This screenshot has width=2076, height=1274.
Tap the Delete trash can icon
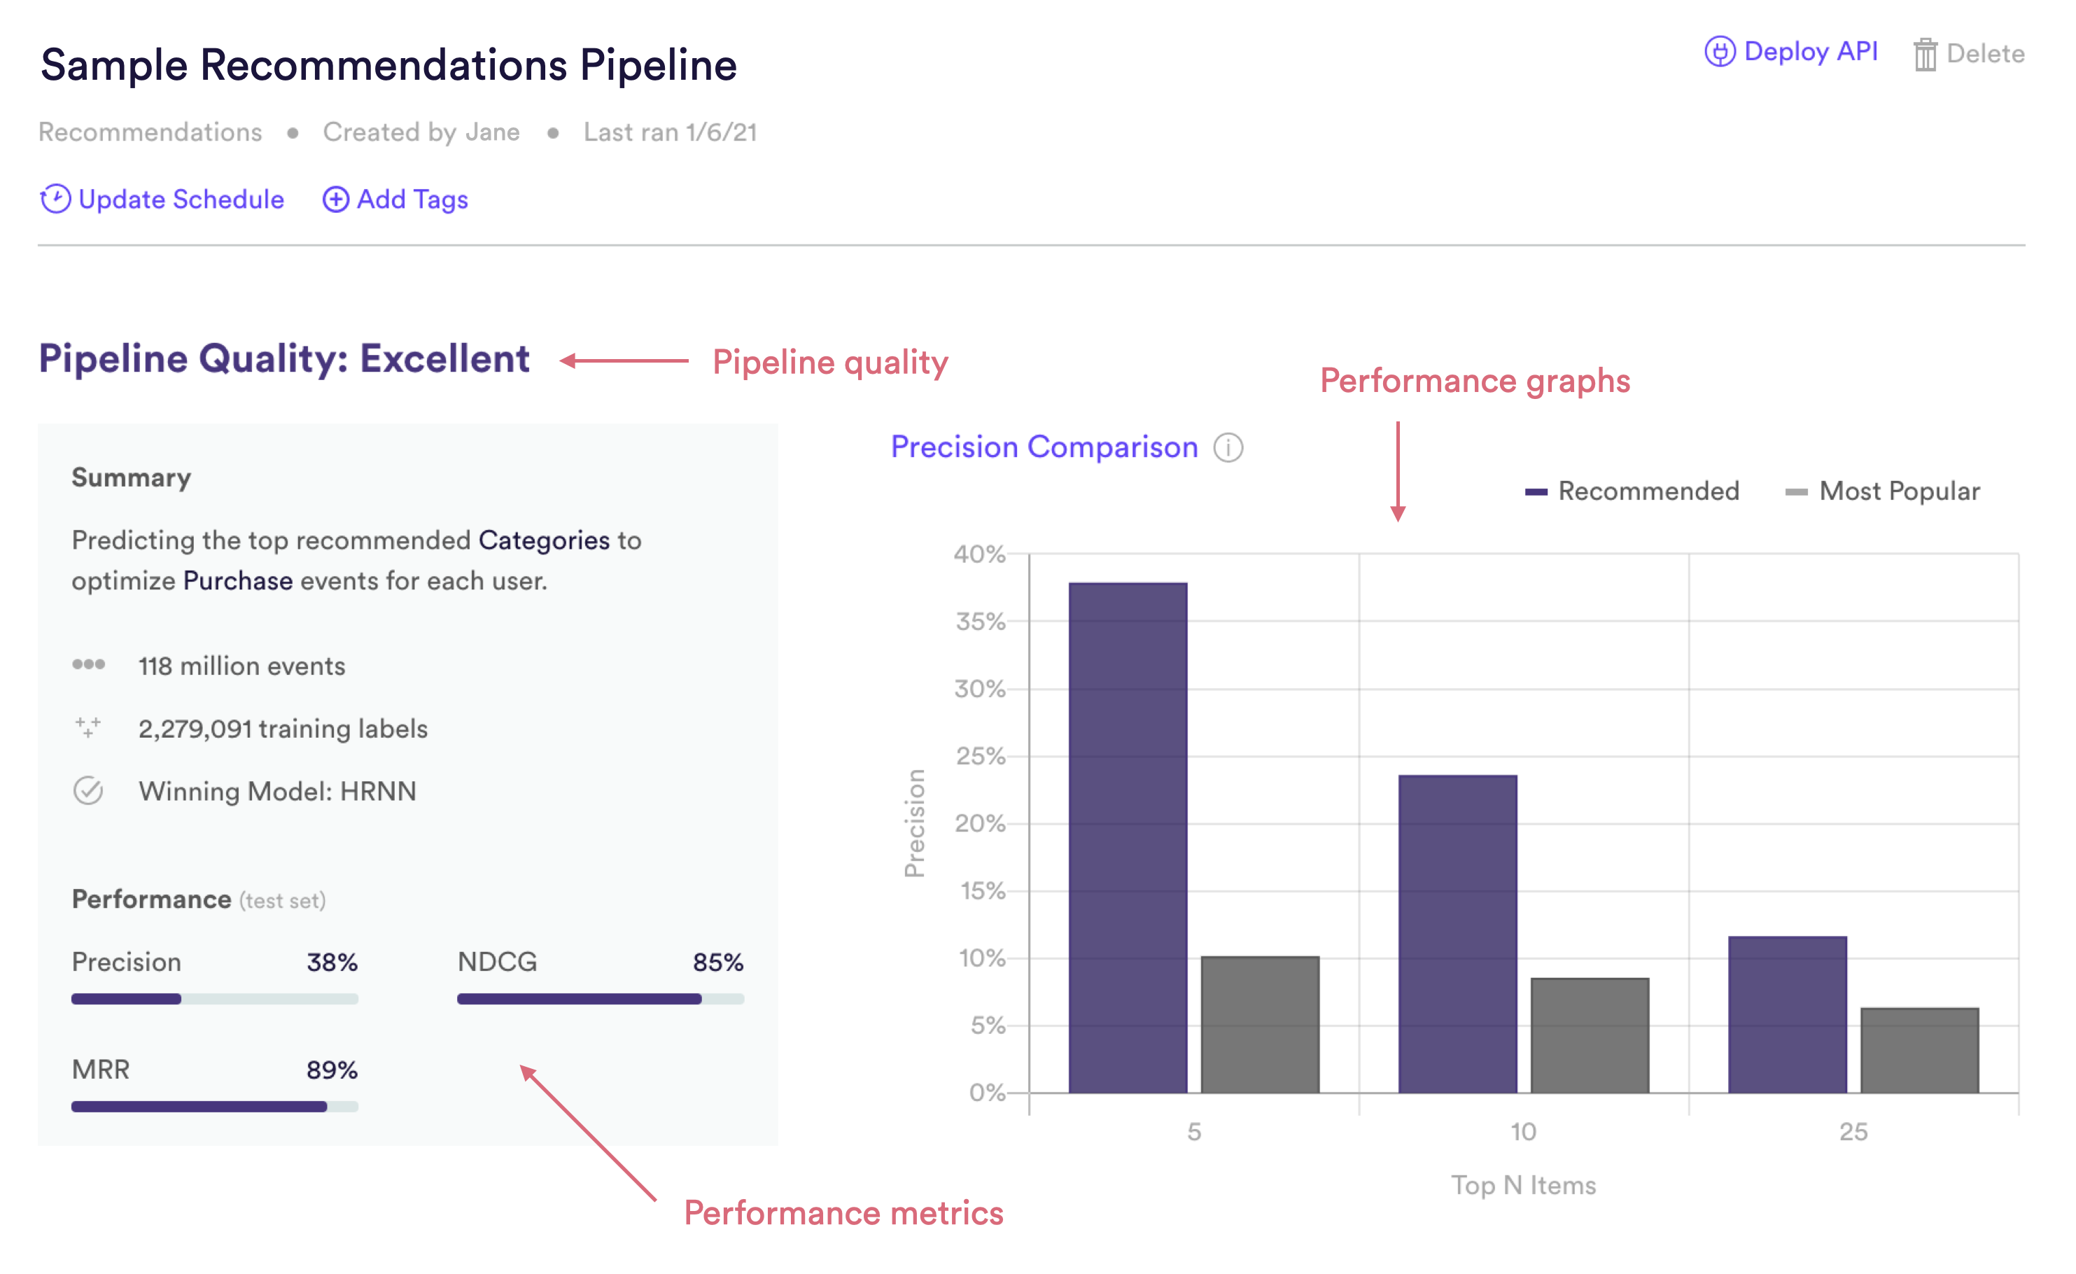(x=1926, y=54)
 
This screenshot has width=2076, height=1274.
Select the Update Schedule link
(x=162, y=199)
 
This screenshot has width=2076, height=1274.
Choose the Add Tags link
(x=395, y=199)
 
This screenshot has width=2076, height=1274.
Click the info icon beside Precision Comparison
(x=1228, y=447)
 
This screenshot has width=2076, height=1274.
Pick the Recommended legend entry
(x=1632, y=491)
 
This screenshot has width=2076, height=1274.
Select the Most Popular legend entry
(x=1882, y=491)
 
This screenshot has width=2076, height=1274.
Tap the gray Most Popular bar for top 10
(x=1590, y=1035)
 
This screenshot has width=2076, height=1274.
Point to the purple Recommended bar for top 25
(x=1788, y=1014)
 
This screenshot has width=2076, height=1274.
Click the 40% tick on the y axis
(x=980, y=554)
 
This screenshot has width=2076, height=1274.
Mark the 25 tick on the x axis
(x=1853, y=1132)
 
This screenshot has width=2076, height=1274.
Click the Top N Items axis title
(x=1523, y=1186)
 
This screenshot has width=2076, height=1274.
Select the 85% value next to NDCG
(x=718, y=962)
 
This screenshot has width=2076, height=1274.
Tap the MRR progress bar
(x=215, y=1106)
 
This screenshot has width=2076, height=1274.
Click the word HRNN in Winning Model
(x=378, y=791)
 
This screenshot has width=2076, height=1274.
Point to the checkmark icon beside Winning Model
(x=88, y=790)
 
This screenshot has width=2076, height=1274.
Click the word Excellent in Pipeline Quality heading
(x=445, y=359)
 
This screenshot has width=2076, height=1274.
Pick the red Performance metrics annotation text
(x=843, y=1213)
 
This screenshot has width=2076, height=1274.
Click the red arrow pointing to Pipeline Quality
(x=624, y=360)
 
